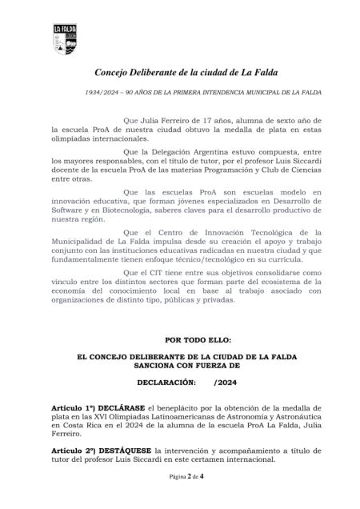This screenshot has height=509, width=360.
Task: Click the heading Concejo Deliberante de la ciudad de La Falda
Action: (x=179, y=73)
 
